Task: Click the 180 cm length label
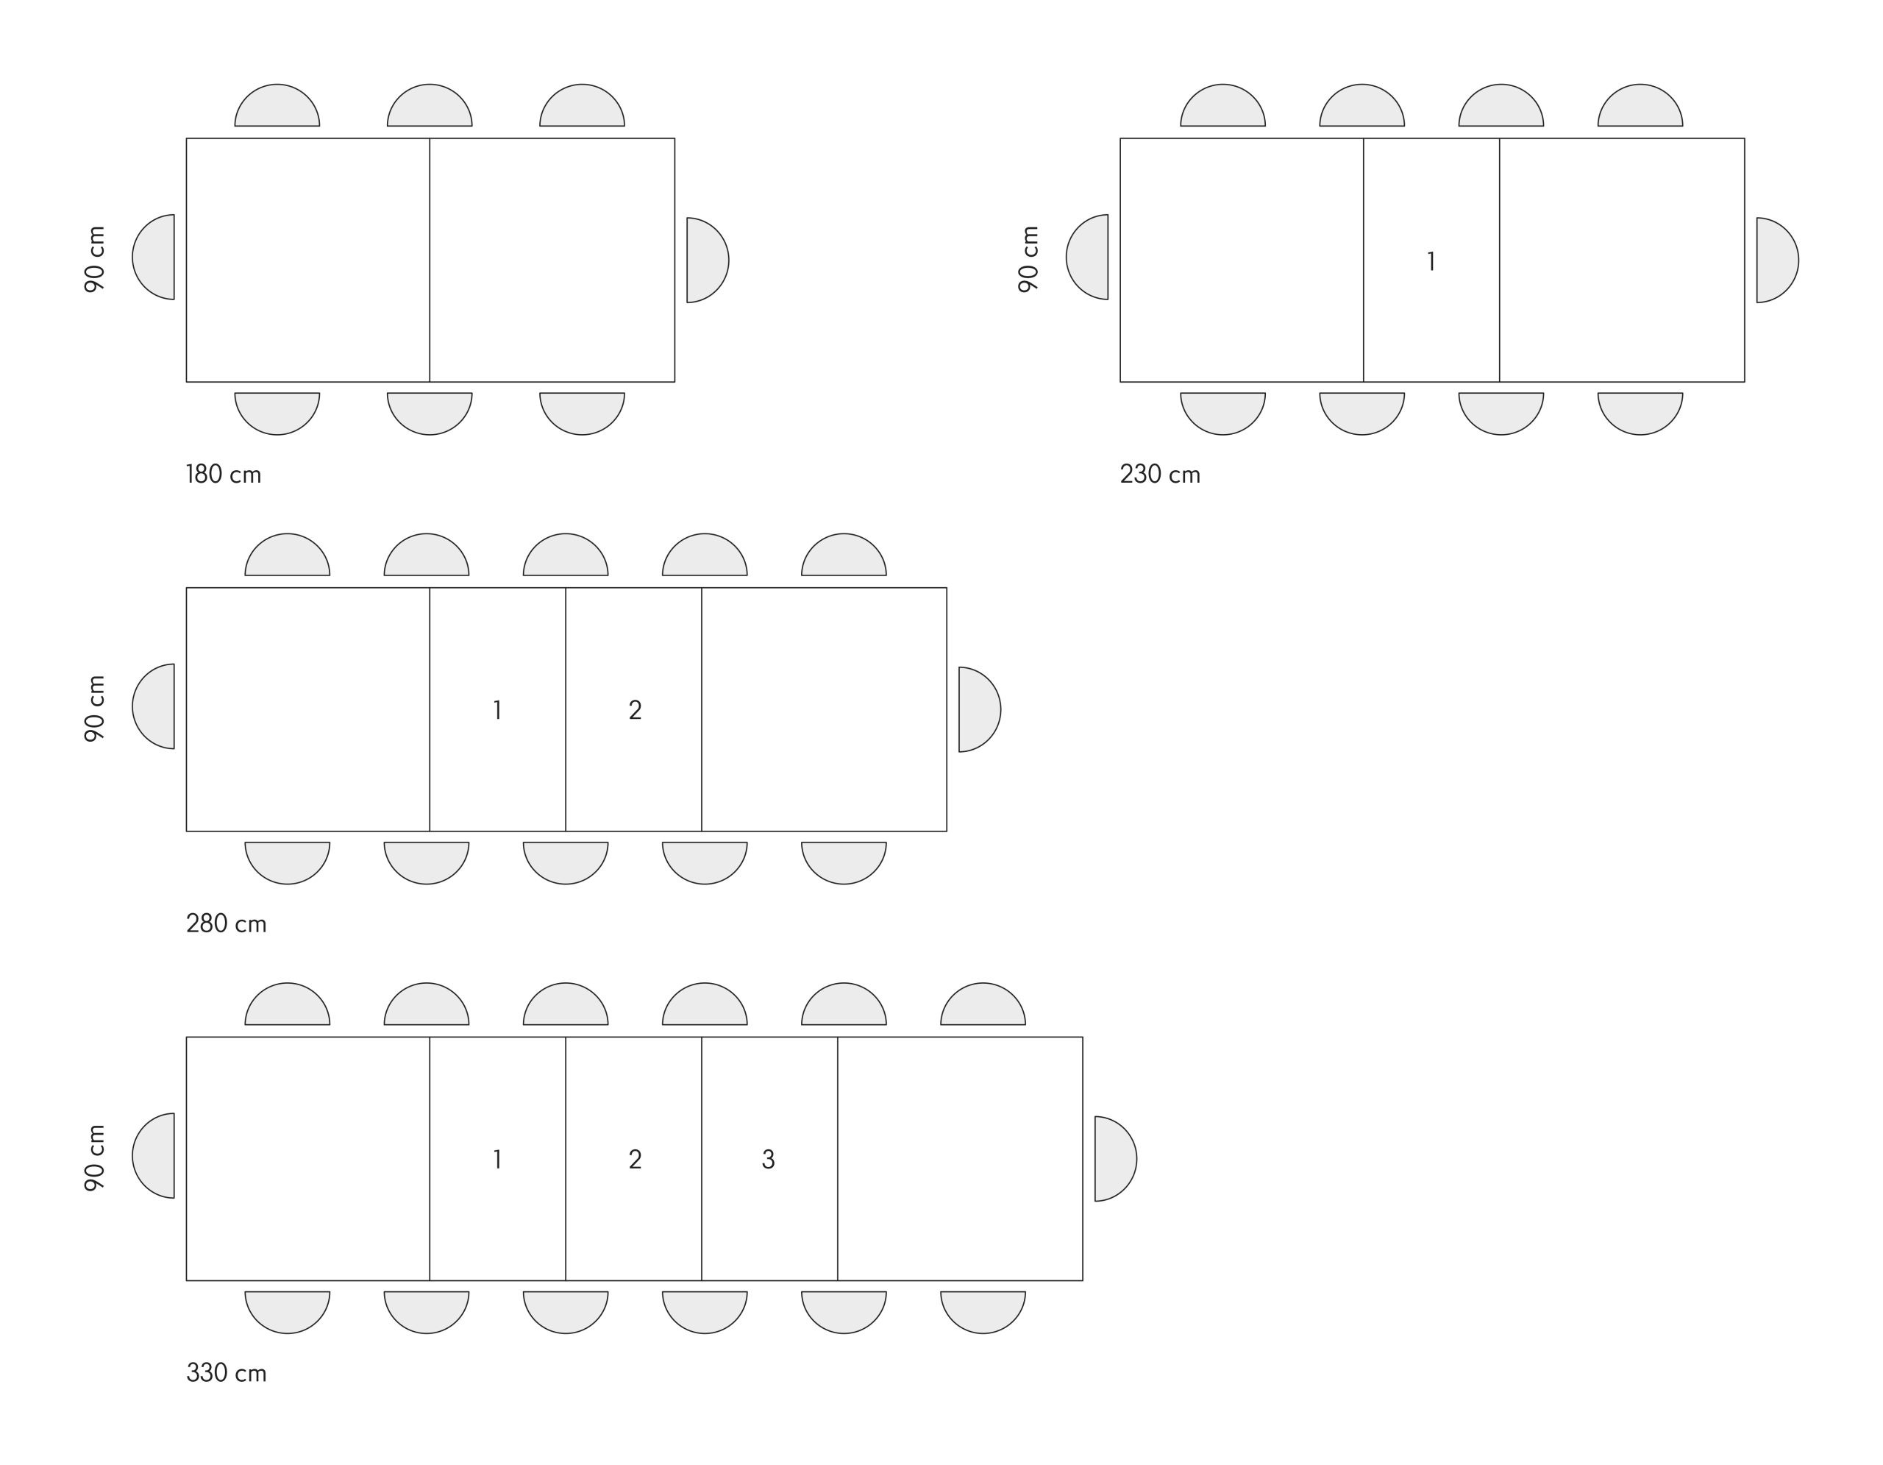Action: coord(224,475)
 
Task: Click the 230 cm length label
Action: coord(1160,475)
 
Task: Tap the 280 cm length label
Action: coord(226,923)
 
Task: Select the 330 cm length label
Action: coord(226,1373)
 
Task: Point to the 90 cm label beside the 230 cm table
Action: coord(1028,259)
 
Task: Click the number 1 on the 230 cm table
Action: coord(1431,261)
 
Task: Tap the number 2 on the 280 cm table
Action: coord(635,709)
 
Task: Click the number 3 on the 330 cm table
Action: coord(768,1160)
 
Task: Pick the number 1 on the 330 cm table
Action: coord(497,1160)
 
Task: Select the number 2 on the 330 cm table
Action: coord(635,1160)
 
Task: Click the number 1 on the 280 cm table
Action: coord(497,709)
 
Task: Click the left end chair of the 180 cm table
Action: coord(154,257)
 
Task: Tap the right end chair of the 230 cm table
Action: coord(1778,260)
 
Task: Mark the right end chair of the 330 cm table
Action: coord(1116,1159)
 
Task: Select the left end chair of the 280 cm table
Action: coord(154,706)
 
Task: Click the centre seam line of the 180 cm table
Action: coord(430,260)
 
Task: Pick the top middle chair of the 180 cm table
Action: coord(430,105)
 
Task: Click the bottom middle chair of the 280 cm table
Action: coord(566,863)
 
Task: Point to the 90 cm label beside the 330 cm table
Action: coord(95,1158)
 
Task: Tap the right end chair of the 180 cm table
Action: coord(708,260)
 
